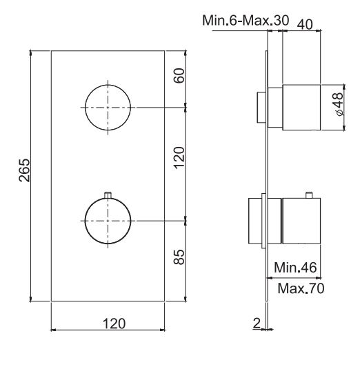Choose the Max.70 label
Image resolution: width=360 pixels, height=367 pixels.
click(301, 286)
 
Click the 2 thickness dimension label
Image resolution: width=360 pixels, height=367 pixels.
click(257, 321)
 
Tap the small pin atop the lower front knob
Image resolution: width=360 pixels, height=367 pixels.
click(108, 195)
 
